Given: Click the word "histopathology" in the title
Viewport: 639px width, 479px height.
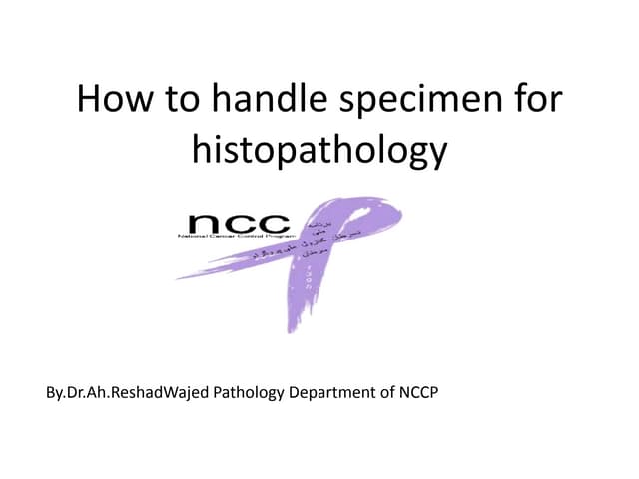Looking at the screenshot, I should (x=319, y=152).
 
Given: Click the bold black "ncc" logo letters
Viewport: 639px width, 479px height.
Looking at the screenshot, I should (x=239, y=224).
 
